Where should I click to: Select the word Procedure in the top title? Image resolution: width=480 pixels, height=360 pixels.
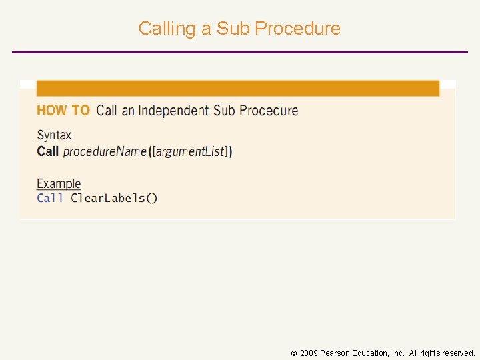point(298,29)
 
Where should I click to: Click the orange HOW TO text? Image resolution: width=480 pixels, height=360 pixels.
point(63,111)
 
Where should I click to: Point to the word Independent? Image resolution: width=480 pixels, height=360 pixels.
point(173,111)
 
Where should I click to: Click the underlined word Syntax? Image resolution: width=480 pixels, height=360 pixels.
point(54,135)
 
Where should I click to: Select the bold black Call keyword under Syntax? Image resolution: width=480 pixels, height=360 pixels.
point(47,151)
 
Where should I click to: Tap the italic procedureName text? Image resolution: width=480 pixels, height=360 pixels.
point(105,152)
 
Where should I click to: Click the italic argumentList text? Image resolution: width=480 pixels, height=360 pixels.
point(191,152)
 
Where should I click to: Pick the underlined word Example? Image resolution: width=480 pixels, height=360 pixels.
point(59,183)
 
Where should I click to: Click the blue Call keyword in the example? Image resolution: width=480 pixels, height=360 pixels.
point(50,198)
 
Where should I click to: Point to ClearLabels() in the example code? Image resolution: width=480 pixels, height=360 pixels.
point(114,198)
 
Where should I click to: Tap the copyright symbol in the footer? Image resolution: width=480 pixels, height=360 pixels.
point(294,353)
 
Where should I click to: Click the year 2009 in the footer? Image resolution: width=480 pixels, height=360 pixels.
point(309,353)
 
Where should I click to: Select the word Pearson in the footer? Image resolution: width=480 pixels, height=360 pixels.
point(335,353)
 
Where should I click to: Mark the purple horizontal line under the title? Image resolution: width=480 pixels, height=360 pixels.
point(240,52)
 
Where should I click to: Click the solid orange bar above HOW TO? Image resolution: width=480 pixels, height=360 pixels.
point(238,88)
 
